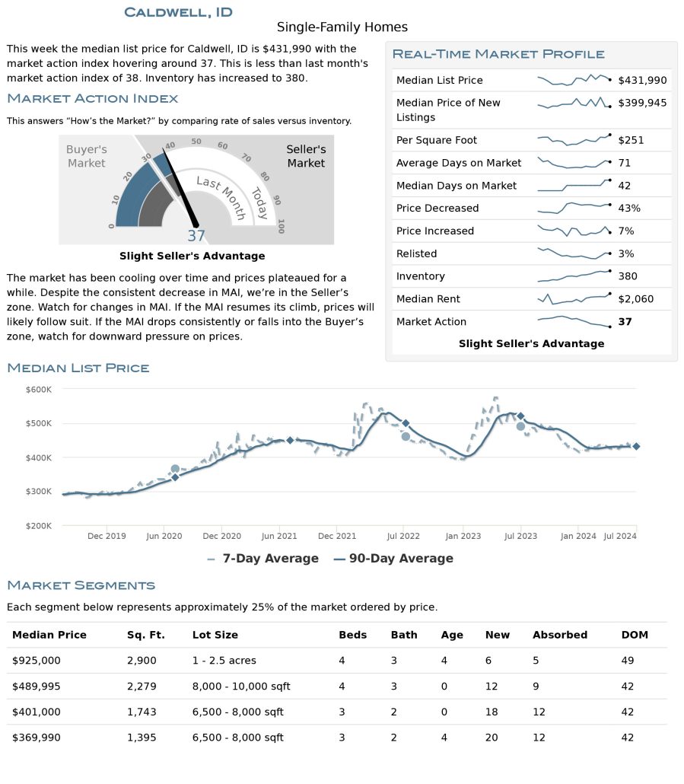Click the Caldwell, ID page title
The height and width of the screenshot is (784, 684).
click(178, 12)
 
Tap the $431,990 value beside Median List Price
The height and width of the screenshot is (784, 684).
click(642, 80)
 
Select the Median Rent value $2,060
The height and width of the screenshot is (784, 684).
click(635, 299)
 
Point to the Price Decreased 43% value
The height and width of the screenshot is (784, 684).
click(629, 208)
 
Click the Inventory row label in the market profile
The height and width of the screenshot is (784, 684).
click(420, 276)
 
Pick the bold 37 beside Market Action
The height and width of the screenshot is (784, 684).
click(625, 321)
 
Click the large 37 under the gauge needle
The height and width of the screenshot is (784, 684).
click(196, 235)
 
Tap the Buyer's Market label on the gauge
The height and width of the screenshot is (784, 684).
click(87, 156)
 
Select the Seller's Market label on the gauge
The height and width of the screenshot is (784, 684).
click(306, 156)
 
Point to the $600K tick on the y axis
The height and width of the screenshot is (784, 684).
click(39, 390)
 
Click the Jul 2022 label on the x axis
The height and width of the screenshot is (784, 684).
click(403, 536)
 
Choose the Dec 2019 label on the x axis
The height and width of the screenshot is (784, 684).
click(107, 536)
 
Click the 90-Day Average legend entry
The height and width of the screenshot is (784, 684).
click(393, 559)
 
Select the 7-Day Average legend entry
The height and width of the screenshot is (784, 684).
click(262, 559)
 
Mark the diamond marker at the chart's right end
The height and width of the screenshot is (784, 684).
click(636, 446)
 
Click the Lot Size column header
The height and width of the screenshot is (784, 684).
click(215, 635)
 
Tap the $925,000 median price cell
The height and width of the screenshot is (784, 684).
click(36, 661)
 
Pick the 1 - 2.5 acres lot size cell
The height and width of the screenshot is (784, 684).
click(224, 661)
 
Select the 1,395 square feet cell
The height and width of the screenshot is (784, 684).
click(142, 738)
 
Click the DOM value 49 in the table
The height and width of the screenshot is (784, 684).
click(628, 661)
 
